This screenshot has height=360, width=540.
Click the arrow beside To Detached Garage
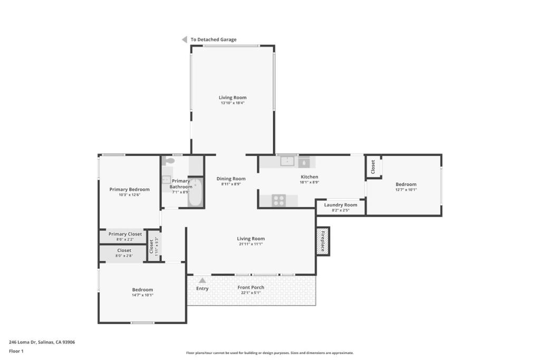(x=184, y=40)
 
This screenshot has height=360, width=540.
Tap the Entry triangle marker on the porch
(x=202, y=280)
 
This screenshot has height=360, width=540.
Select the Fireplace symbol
(x=323, y=241)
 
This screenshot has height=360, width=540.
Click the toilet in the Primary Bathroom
(x=169, y=160)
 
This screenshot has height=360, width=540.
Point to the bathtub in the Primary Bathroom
(x=196, y=192)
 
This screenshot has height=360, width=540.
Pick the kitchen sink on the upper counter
(x=287, y=161)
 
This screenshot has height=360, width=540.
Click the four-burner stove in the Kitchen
(x=278, y=200)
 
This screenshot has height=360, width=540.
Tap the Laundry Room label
(x=341, y=205)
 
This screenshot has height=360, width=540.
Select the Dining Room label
(x=231, y=179)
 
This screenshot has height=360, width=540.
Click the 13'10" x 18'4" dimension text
(x=233, y=103)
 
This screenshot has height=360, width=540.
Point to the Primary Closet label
(x=125, y=234)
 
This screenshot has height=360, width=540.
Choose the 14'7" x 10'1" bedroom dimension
(x=142, y=295)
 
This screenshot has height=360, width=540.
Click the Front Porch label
(x=250, y=287)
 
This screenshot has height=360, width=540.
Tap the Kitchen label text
(x=309, y=177)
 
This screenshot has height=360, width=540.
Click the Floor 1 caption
(x=16, y=352)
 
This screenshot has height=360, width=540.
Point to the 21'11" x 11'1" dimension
(x=250, y=244)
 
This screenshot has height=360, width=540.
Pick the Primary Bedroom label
(x=130, y=189)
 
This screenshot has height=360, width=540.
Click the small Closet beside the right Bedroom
(x=373, y=167)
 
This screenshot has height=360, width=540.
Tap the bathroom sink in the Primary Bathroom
(x=166, y=179)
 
